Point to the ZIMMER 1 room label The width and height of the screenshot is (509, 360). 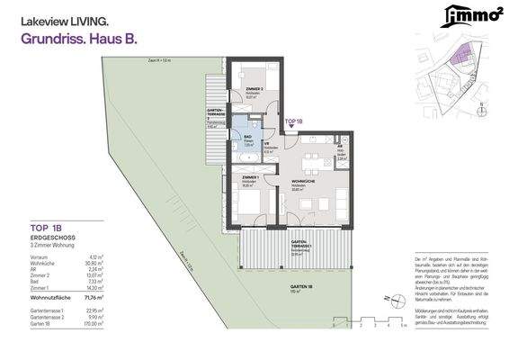[x=251, y=178]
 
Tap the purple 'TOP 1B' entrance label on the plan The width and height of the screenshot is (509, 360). [x=293, y=120]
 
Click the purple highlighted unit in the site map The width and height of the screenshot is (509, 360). [x=460, y=56]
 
